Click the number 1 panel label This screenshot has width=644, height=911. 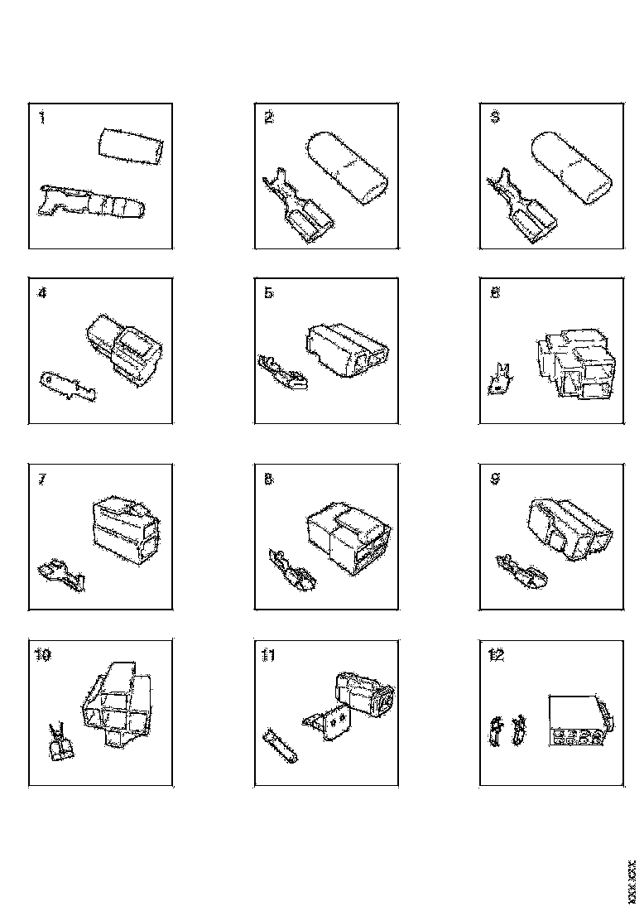[42, 118]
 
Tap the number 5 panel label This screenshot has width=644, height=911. [268, 293]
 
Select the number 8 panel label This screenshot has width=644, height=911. [268, 479]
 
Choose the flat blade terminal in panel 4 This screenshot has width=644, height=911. [68, 385]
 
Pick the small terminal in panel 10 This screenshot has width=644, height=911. [60, 742]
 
